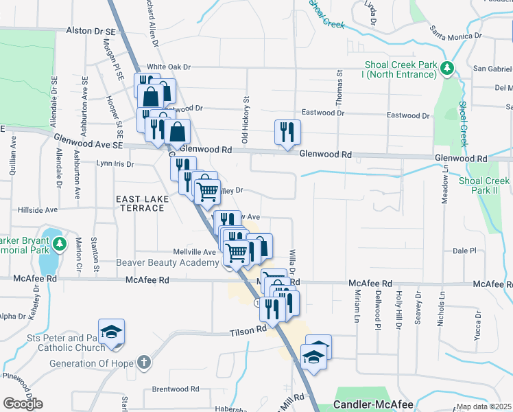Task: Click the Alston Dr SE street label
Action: [92, 31]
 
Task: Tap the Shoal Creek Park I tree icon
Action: [446, 68]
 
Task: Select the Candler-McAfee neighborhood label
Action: [373, 405]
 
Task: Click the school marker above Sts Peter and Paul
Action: [111, 332]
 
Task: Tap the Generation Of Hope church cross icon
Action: [143, 360]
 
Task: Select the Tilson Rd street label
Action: [248, 330]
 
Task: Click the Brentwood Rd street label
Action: [175, 389]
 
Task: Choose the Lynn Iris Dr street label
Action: [115, 163]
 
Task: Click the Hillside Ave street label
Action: [38, 210]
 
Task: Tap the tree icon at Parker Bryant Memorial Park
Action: [60, 243]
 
